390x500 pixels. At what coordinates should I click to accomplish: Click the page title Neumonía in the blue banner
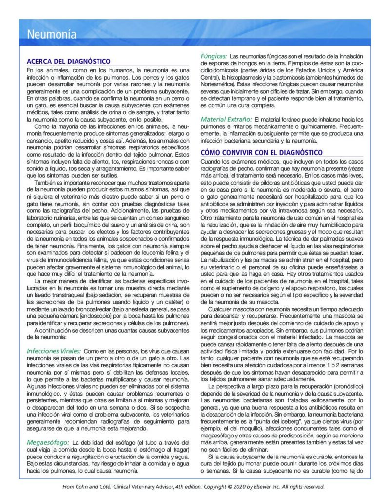point(51,35)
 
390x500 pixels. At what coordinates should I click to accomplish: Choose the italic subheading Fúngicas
point(214,57)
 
